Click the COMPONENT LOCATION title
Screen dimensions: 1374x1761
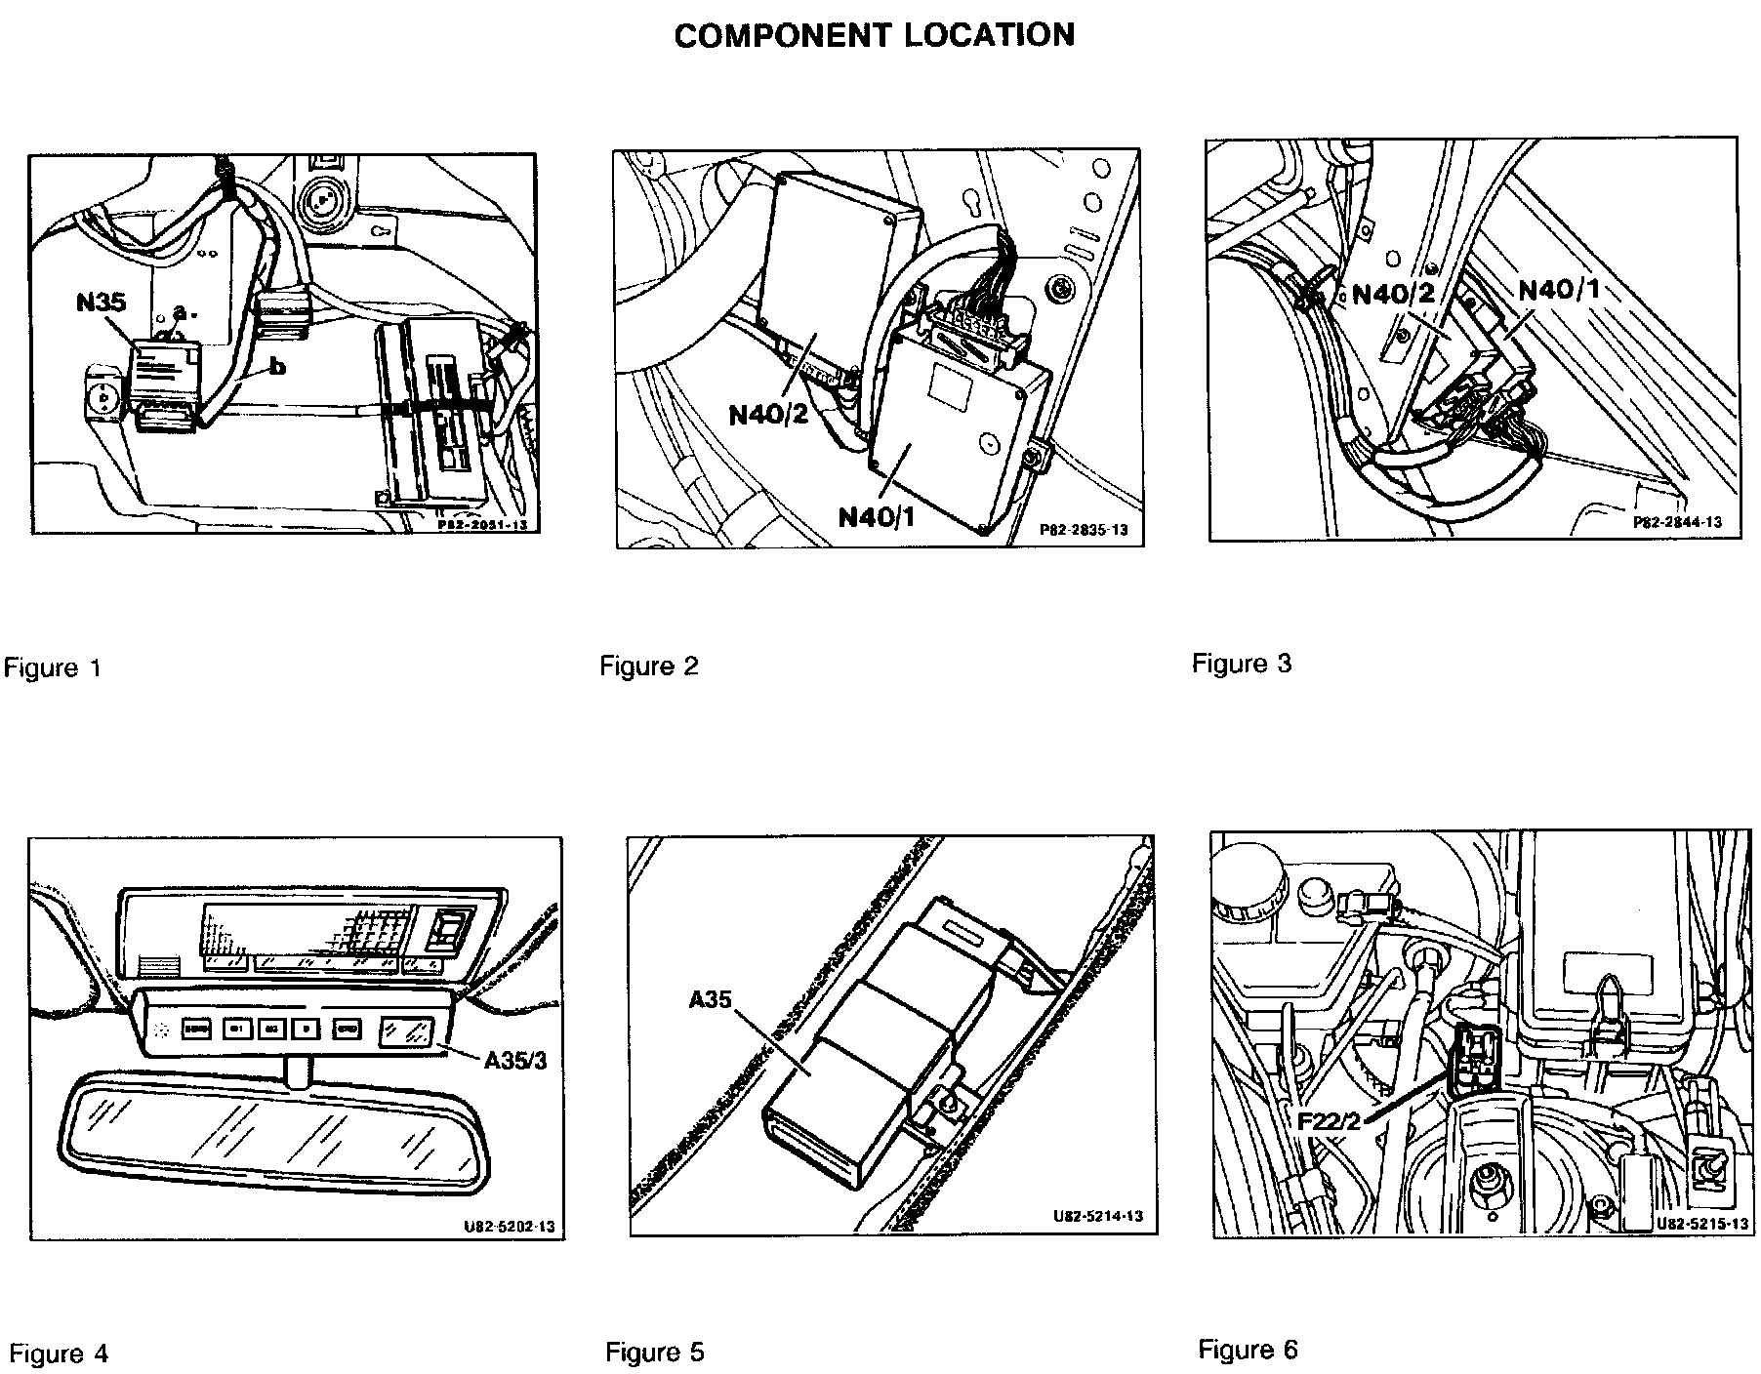[x=874, y=35]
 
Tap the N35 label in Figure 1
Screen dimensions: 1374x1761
[x=101, y=302]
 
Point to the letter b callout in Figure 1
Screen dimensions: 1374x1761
[x=278, y=367]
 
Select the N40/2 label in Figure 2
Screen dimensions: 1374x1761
[x=769, y=414]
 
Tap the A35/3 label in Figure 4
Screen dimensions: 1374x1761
[x=515, y=1059]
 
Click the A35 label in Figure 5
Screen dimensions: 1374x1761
[x=711, y=999]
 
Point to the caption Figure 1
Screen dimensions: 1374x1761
[x=53, y=668]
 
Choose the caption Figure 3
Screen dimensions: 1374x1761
[x=1242, y=664]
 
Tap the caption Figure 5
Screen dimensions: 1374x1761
[x=654, y=1353]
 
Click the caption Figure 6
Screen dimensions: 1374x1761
[x=1249, y=1350]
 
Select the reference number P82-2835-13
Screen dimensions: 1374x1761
[x=1084, y=530]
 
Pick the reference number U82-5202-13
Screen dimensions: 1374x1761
[x=510, y=1226]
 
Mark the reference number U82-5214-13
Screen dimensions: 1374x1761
[x=1098, y=1217]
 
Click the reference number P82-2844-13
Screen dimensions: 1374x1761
[x=1678, y=522]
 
